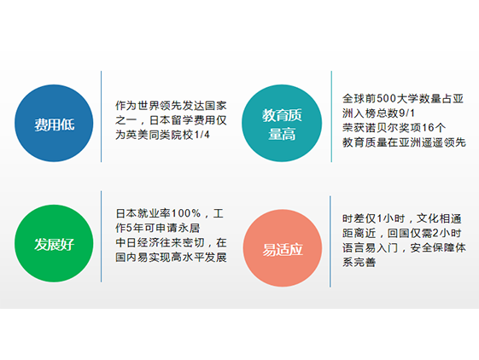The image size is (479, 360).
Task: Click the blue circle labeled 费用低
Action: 54,123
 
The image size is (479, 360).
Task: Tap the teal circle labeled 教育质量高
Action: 282,123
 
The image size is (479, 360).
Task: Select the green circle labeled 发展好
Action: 54,243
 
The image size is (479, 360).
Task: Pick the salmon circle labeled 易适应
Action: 283,248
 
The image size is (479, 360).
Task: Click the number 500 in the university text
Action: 387,99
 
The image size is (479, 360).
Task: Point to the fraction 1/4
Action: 202,135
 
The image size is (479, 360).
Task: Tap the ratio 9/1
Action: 407,113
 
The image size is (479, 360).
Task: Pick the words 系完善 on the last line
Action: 359,262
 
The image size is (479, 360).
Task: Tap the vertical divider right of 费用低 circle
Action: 101,117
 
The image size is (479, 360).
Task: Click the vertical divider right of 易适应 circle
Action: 330,241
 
